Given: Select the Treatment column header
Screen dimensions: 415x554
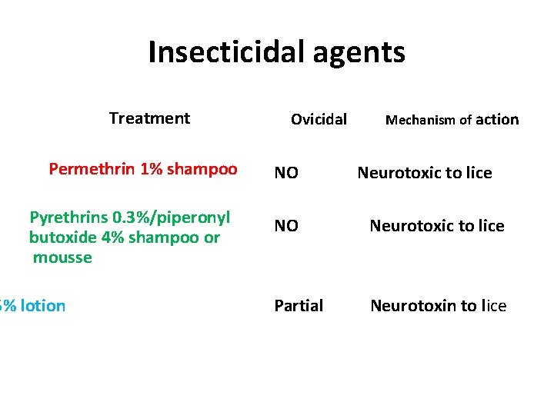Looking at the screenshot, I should pyautogui.click(x=149, y=118).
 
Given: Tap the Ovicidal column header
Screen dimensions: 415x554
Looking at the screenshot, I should pyautogui.click(x=319, y=119).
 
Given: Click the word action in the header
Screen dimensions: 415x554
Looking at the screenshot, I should pyautogui.click(x=497, y=119).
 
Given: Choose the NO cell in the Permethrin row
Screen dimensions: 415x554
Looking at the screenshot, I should pyautogui.click(x=286, y=173).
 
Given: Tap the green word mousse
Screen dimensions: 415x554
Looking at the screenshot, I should pyautogui.click(x=62, y=257).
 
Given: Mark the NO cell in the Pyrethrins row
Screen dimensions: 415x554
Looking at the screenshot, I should pyautogui.click(x=286, y=226).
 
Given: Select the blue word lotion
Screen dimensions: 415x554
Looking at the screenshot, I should pyautogui.click(x=43, y=306).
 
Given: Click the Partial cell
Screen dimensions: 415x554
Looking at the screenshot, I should pyautogui.click(x=299, y=306).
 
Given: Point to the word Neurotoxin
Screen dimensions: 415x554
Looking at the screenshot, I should pyautogui.click(x=413, y=306).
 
